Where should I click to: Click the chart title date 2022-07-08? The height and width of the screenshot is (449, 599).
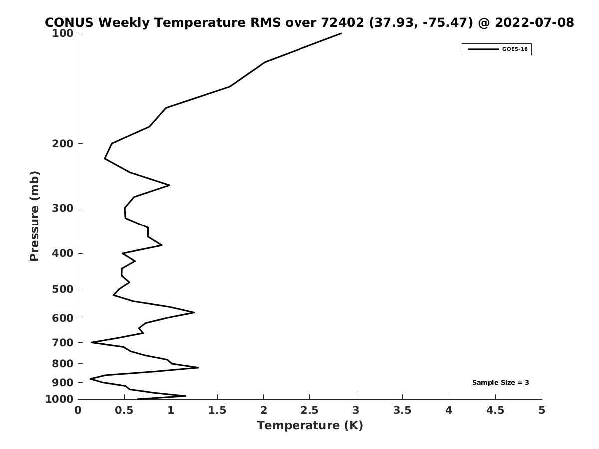tap(534, 22)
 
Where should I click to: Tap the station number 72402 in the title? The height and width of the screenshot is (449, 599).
tap(342, 22)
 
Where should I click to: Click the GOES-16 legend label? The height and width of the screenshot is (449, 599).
tap(515, 49)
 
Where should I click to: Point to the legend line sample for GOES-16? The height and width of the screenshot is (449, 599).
tap(483, 49)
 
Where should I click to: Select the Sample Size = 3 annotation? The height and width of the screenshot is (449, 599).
tap(501, 382)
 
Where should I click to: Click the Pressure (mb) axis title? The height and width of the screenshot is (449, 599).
tap(34, 216)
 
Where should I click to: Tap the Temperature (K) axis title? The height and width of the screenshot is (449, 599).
tap(310, 425)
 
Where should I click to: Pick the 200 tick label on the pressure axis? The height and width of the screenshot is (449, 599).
tap(63, 143)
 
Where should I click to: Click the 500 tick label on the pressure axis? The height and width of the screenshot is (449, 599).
tap(63, 289)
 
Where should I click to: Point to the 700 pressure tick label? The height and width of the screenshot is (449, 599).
tap(63, 342)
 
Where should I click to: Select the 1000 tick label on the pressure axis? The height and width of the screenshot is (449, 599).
tap(59, 399)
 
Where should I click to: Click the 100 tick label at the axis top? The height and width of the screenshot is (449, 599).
tap(63, 33)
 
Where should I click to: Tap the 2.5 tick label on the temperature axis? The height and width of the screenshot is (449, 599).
tap(310, 410)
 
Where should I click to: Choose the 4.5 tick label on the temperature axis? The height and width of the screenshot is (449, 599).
tap(495, 410)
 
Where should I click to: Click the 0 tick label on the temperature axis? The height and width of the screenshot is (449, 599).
tap(78, 410)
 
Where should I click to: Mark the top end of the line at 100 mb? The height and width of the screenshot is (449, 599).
tap(341, 33)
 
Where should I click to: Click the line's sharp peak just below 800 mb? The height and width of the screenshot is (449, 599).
tap(198, 368)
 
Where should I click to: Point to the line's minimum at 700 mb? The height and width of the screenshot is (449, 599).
tap(91, 342)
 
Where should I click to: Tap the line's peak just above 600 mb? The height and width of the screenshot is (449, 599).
tap(194, 312)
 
